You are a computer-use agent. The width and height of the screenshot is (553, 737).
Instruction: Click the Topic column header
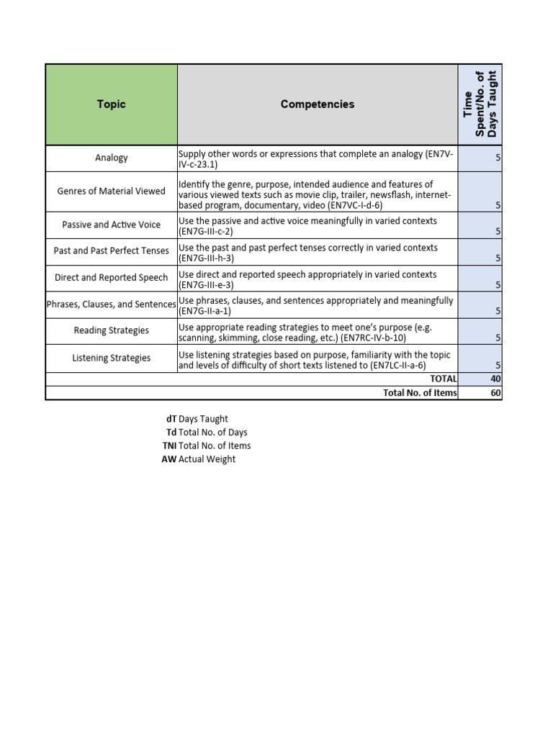(111, 104)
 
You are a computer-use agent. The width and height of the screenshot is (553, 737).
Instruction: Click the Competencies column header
(317, 104)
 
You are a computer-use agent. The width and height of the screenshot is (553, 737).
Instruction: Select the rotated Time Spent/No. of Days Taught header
(480, 104)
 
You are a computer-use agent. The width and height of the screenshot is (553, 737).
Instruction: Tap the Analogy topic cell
(111, 158)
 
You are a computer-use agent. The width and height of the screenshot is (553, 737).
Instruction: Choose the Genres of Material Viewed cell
(111, 191)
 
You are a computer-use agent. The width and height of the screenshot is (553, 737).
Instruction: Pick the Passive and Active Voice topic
(111, 225)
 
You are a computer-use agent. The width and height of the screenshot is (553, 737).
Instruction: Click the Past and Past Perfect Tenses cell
(111, 251)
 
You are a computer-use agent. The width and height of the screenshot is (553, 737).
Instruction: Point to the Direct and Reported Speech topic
(111, 278)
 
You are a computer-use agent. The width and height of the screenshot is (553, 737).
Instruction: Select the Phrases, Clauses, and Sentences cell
(111, 304)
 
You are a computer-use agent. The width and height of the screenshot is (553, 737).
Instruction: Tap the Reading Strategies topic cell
(111, 331)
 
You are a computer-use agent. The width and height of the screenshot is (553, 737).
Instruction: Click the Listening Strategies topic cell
(111, 358)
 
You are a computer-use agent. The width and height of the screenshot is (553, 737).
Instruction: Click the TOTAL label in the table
(443, 379)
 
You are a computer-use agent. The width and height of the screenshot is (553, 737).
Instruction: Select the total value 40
(495, 379)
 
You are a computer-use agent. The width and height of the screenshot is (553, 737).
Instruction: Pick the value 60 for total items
(495, 392)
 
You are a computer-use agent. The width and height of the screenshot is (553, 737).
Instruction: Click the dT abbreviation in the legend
(171, 419)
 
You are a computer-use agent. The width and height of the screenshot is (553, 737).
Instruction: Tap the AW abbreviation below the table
(168, 459)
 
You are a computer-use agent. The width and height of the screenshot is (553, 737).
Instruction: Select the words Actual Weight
(207, 459)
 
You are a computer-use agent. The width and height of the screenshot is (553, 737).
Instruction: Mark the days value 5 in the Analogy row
(498, 158)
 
